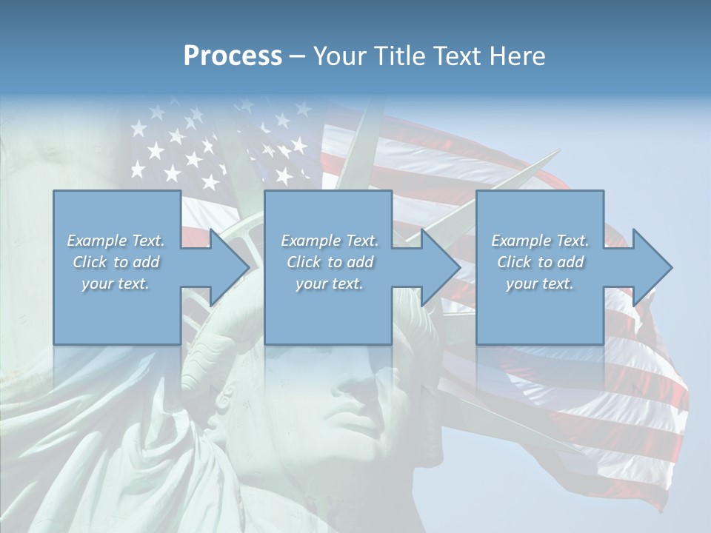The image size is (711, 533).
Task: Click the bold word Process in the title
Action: pos(233,56)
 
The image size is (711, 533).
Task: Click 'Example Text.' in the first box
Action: pos(116,241)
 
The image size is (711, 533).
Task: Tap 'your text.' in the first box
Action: pos(116,284)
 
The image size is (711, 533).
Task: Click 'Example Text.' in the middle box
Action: pos(330,241)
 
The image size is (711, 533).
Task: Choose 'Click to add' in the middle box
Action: pos(330,262)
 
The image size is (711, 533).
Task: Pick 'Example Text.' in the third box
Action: pos(540,241)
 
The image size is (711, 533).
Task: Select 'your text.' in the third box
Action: pos(540,284)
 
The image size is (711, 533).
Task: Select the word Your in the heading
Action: pos(338,56)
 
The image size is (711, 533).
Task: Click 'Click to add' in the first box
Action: pos(116,262)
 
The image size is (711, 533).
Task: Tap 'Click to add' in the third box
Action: pos(540,262)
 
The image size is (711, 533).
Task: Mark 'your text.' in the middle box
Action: pos(330,284)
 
